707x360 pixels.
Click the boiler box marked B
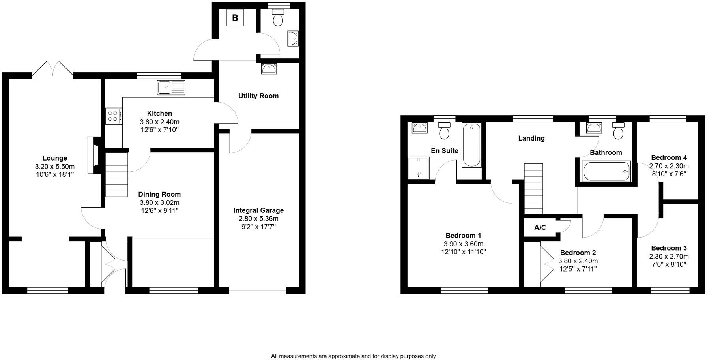(235, 18)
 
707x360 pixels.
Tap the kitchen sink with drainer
(171, 87)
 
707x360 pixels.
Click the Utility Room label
(258, 96)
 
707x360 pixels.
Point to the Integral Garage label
(258, 210)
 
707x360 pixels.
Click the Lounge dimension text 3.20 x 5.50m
(55, 167)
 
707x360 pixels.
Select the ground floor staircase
(117, 175)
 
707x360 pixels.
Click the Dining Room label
(159, 194)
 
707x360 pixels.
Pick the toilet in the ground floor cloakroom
(278, 18)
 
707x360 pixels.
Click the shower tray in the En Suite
(418, 168)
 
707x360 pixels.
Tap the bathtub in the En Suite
(471, 145)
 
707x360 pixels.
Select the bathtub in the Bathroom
(606, 171)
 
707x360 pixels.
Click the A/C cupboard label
(540, 227)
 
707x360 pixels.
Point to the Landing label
(531, 138)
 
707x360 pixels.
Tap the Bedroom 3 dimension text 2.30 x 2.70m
(669, 256)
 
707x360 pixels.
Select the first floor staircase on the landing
(534, 189)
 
